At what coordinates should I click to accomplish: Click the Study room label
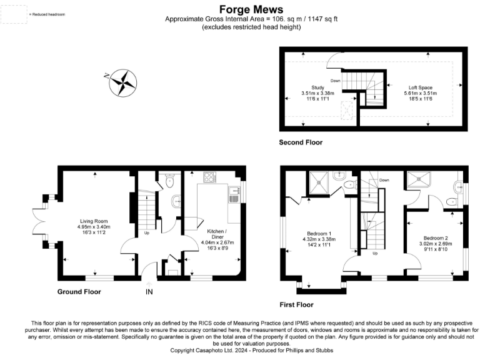coord(317,87)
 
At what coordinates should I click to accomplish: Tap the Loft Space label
coord(421,87)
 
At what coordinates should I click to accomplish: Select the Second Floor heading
coord(301,143)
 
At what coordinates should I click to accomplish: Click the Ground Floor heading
coord(79,292)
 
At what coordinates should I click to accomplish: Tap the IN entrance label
coord(149,292)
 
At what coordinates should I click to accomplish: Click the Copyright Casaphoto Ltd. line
coord(239,351)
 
